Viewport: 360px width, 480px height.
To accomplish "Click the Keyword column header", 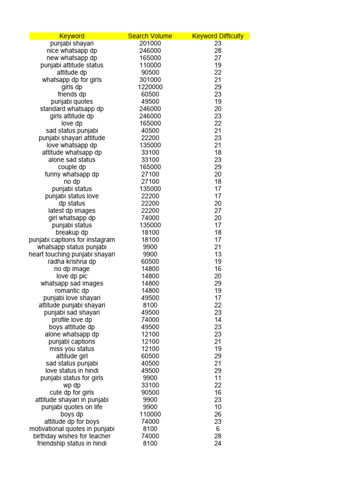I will (x=72, y=36).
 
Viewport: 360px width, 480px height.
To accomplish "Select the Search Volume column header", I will (x=150, y=36).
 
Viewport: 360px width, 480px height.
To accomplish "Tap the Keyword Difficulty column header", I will (x=218, y=36).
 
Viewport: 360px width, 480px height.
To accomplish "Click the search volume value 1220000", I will (x=150, y=87).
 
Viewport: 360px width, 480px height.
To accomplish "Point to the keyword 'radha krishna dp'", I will (x=72, y=262).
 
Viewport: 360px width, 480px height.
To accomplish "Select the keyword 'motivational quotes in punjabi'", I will (x=72, y=429).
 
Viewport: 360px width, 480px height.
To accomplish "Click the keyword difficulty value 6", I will (x=218, y=429).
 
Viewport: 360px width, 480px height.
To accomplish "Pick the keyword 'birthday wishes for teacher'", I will (x=72, y=436).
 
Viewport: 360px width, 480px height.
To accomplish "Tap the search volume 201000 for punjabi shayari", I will (x=150, y=44).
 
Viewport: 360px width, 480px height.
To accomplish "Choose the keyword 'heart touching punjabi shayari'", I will (x=72, y=254).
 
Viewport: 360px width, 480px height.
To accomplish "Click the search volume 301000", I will (x=150, y=80).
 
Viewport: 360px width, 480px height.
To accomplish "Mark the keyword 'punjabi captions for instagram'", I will (x=72, y=240).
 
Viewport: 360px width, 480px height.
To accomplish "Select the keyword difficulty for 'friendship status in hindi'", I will (x=218, y=443).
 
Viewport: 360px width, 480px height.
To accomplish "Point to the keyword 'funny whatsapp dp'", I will (x=72, y=174).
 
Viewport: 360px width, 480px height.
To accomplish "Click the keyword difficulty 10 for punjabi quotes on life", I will (x=218, y=407).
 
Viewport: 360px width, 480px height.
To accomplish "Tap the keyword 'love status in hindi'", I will (x=72, y=370).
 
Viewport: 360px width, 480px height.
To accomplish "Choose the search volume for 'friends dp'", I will (x=150, y=94).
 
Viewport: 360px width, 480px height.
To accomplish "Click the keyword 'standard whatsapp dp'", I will (x=72, y=109).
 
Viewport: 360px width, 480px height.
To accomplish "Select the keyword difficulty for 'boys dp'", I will (x=218, y=414).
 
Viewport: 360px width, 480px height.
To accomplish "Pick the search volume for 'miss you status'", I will (x=150, y=349).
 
